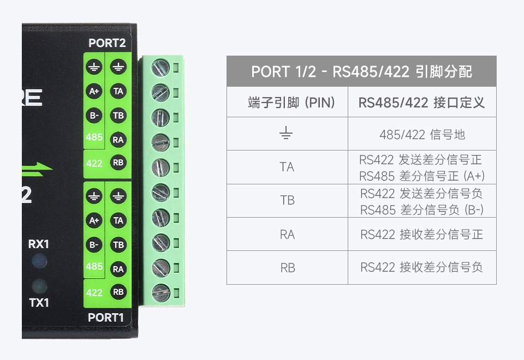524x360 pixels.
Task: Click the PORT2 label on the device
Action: (107, 43)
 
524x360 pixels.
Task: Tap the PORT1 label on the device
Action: (106, 317)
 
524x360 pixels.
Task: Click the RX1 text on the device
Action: (38, 244)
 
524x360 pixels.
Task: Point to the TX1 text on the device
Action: (38, 302)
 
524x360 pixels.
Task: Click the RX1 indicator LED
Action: (39, 262)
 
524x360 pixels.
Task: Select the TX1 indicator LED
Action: (38, 285)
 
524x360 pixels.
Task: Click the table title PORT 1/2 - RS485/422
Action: (361, 71)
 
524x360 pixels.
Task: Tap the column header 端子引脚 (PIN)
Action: (287, 102)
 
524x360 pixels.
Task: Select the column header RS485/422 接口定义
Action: (422, 102)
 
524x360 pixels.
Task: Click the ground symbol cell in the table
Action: (287, 134)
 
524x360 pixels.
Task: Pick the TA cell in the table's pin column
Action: (287, 167)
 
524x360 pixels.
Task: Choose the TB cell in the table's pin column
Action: (287, 201)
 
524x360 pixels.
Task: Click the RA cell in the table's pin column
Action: (287, 235)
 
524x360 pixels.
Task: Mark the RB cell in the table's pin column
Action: (287, 268)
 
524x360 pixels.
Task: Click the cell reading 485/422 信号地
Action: (422, 134)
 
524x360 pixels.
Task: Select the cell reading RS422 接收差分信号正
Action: (422, 235)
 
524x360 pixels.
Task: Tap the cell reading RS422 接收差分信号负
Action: (422, 268)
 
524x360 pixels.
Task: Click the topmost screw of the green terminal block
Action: (160, 68)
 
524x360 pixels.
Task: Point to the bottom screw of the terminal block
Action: (160, 292)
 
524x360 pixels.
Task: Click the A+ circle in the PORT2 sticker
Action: (94, 92)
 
